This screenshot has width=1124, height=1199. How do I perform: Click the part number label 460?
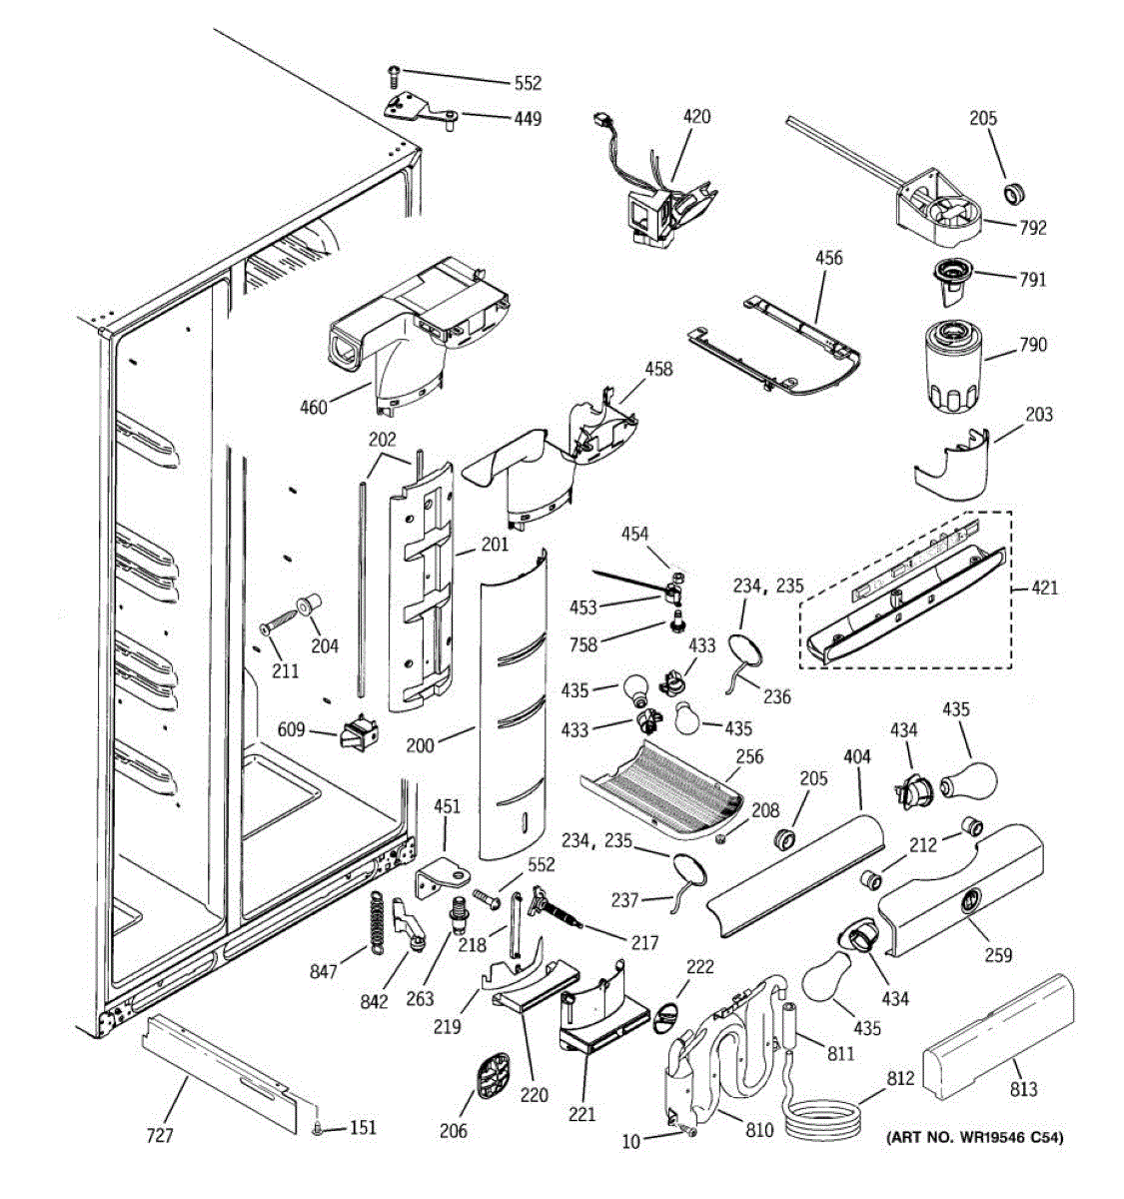(x=313, y=407)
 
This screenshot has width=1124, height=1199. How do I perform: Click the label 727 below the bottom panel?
(x=160, y=1135)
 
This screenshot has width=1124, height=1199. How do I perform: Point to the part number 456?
(x=828, y=258)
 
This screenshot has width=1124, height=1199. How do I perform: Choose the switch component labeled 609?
(x=361, y=735)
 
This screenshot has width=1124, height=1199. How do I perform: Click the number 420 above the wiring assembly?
(x=696, y=116)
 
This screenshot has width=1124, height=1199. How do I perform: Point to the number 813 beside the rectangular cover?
(x=1024, y=1089)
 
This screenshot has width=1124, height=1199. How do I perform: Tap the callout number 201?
(x=495, y=545)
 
